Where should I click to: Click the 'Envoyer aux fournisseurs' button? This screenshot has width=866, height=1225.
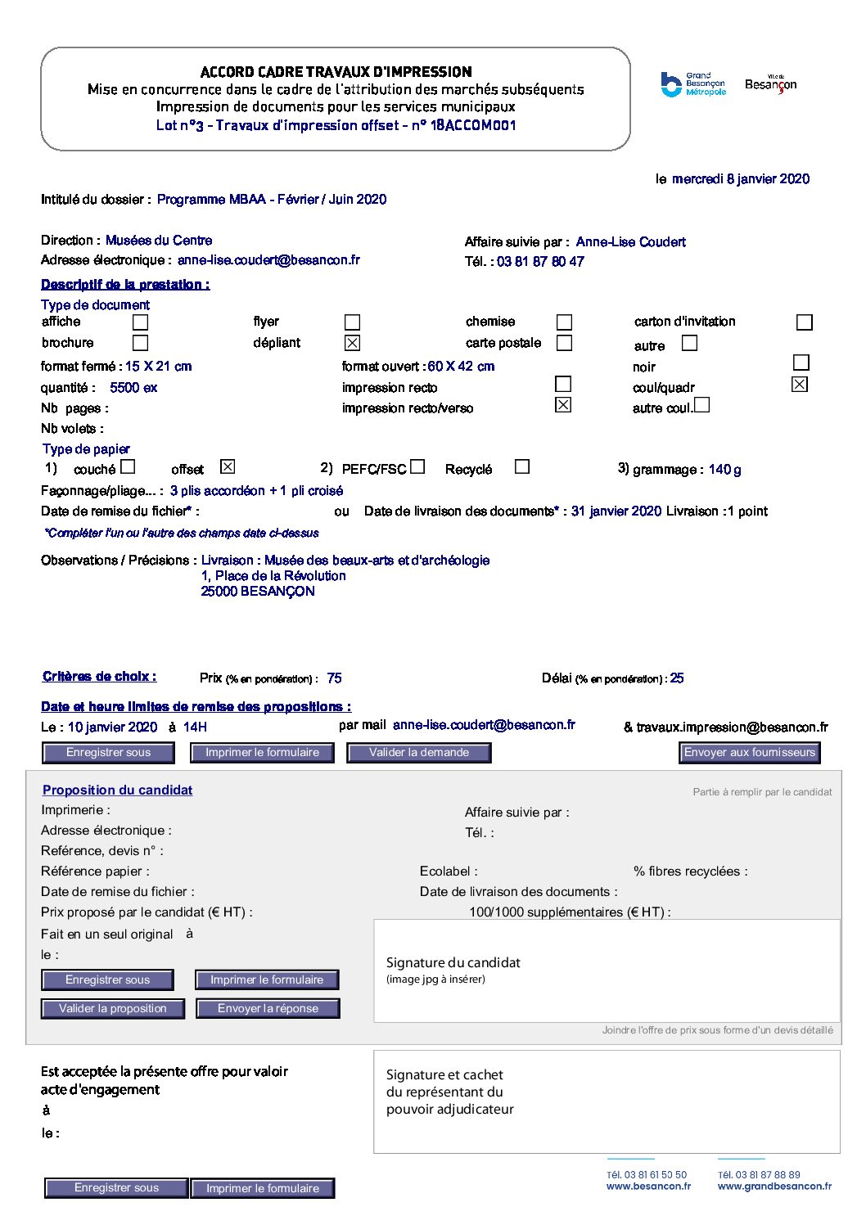click(x=749, y=753)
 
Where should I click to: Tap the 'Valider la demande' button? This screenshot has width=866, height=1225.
click(x=418, y=753)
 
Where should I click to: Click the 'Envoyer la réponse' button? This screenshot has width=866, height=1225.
click(x=268, y=1009)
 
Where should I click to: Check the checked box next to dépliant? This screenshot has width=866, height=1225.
click(x=352, y=343)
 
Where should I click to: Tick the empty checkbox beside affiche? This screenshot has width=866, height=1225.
click(x=141, y=322)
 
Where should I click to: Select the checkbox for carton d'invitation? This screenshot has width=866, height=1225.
click(x=804, y=322)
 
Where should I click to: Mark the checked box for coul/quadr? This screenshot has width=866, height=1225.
click(x=800, y=384)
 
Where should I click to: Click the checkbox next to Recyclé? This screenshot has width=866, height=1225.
click(x=521, y=466)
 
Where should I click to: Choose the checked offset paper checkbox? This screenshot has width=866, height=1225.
click(x=228, y=466)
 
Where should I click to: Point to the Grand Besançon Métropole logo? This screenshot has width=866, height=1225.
click(x=692, y=84)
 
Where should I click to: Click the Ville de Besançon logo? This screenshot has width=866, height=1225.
click(x=770, y=84)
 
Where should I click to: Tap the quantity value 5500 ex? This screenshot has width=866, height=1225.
click(x=133, y=388)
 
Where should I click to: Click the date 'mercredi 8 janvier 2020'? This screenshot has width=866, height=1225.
click(x=741, y=179)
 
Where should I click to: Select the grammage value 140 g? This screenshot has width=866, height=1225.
click(x=724, y=470)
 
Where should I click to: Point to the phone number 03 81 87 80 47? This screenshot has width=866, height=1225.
click(x=540, y=262)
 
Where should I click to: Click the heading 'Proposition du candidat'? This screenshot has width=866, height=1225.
click(x=118, y=790)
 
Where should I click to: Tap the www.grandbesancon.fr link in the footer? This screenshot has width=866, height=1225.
click(x=774, y=1187)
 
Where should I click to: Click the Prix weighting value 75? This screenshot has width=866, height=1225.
click(x=334, y=678)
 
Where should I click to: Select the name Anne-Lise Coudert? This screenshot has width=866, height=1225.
click(x=630, y=242)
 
